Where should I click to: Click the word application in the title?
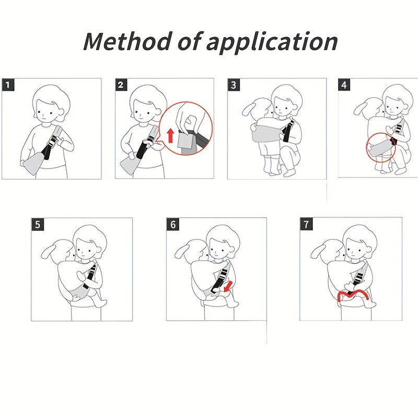(x=272, y=42)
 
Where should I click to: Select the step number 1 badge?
(x=8, y=85)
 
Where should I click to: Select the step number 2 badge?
(x=121, y=85)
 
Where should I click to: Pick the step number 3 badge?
(x=234, y=85)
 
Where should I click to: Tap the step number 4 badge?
(x=344, y=85)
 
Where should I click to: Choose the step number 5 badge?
(x=38, y=224)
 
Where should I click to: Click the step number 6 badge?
(x=173, y=224)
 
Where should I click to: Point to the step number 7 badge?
(x=306, y=224)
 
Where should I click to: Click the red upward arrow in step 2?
(x=171, y=135)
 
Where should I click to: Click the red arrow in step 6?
(x=228, y=286)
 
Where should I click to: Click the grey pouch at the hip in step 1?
(x=32, y=163)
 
